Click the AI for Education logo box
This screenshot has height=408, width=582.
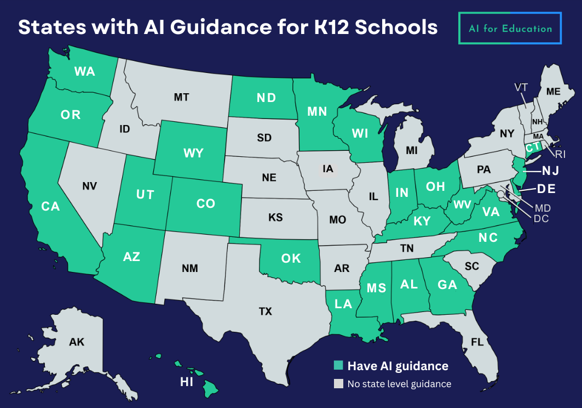(x=510, y=27)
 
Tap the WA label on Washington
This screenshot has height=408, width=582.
(x=85, y=71)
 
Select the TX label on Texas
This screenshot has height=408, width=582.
(x=265, y=311)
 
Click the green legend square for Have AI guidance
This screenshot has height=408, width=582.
(x=339, y=366)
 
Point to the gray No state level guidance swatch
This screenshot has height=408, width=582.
(x=339, y=383)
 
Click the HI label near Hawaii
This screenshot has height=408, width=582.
(x=187, y=382)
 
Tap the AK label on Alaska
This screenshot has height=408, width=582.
(x=77, y=342)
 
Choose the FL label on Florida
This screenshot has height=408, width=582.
(x=477, y=342)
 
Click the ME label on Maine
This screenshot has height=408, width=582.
(x=554, y=91)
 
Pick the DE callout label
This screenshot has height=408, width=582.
(x=546, y=189)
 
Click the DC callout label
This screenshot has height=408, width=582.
(x=541, y=218)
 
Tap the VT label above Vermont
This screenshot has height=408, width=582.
(x=521, y=87)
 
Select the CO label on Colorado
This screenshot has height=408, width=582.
(x=205, y=203)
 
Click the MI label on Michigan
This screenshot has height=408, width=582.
(x=412, y=150)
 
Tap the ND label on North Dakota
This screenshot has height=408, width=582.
(x=266, y=98)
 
